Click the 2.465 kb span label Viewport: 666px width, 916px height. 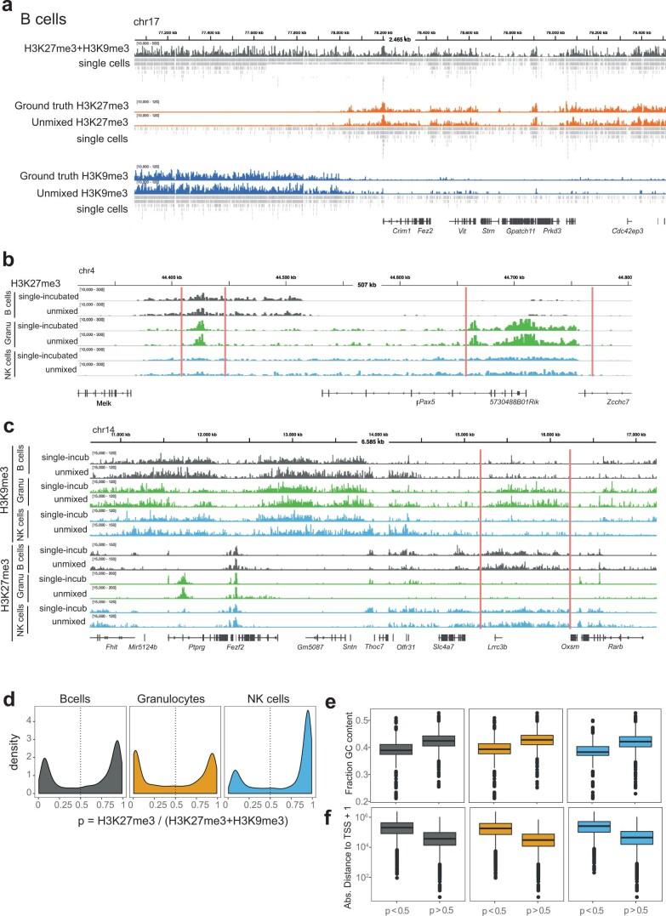(x=399, y=39)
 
